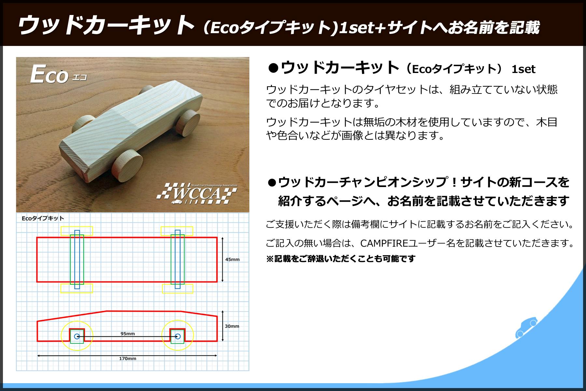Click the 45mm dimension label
232,259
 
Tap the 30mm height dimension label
232,326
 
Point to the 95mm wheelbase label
128,334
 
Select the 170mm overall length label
128,358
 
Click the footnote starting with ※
341,259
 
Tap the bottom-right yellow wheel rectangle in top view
178,289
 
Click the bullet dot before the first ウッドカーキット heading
273,68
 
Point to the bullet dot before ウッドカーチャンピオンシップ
272,183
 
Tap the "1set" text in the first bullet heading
523,69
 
